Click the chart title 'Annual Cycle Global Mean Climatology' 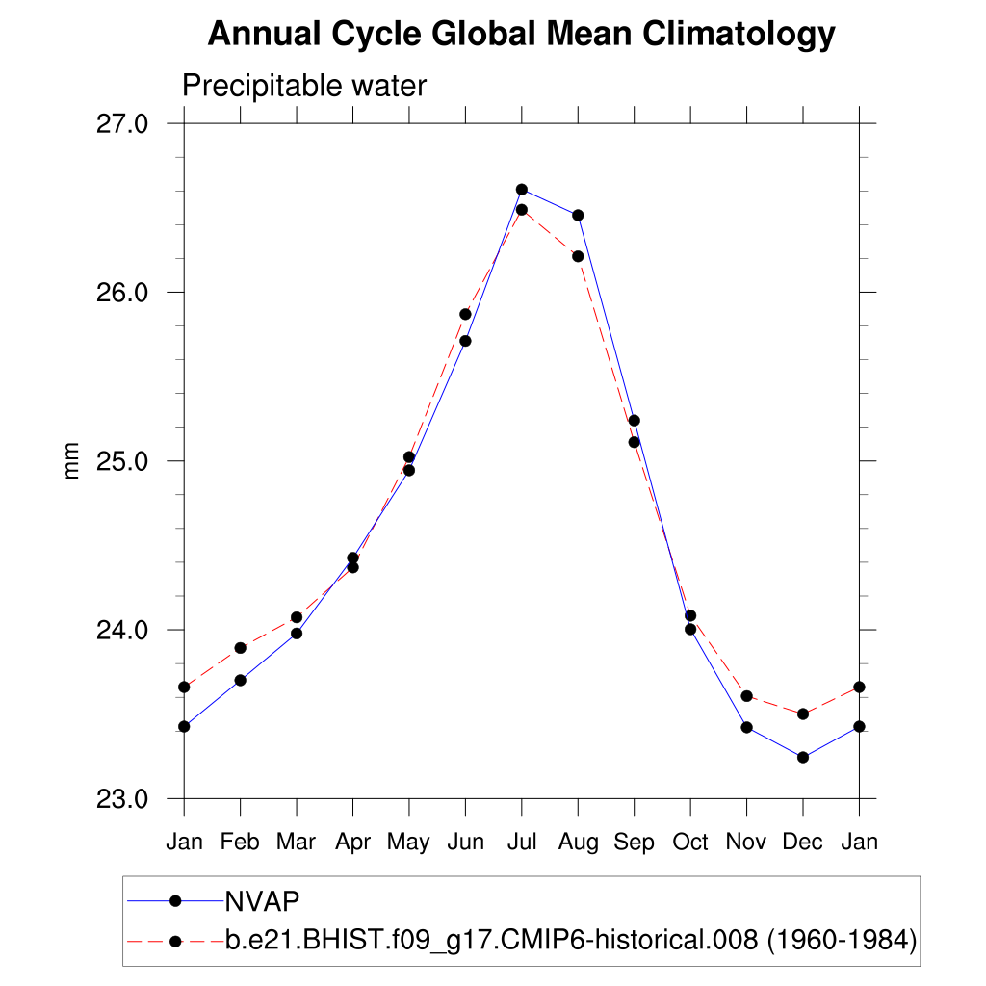click(x=521, y=35)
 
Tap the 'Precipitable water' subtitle click(x=303, y=87)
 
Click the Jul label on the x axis click(x=521, y=843)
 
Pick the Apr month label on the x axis click(x=352, y=843)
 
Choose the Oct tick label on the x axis click(x=690, y=843)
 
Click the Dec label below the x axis click(x=802, y=843)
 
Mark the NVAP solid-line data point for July click(x=521, y=190)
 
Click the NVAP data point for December click(x=802, y=757)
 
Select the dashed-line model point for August click(x=578, y=256)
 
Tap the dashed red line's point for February click(x=240, y=648)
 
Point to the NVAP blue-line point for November click(x=746, y=727)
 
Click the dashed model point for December click(x=802, y=714)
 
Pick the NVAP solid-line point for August click(x=578, y=215)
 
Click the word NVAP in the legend click(x=262, y=901)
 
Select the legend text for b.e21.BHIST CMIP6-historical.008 click(x=570, y=940)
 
